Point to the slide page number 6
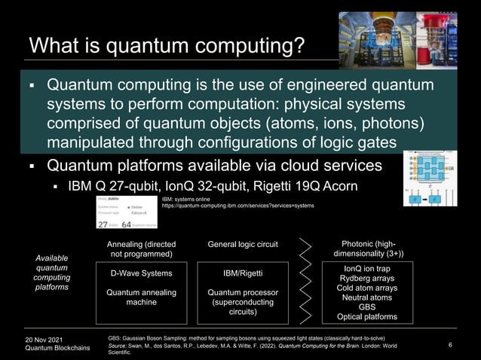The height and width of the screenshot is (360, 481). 449,345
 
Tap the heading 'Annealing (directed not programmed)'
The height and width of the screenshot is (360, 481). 142,249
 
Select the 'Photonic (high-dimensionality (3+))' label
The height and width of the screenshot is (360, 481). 368,249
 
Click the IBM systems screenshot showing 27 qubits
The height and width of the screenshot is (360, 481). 126,211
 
